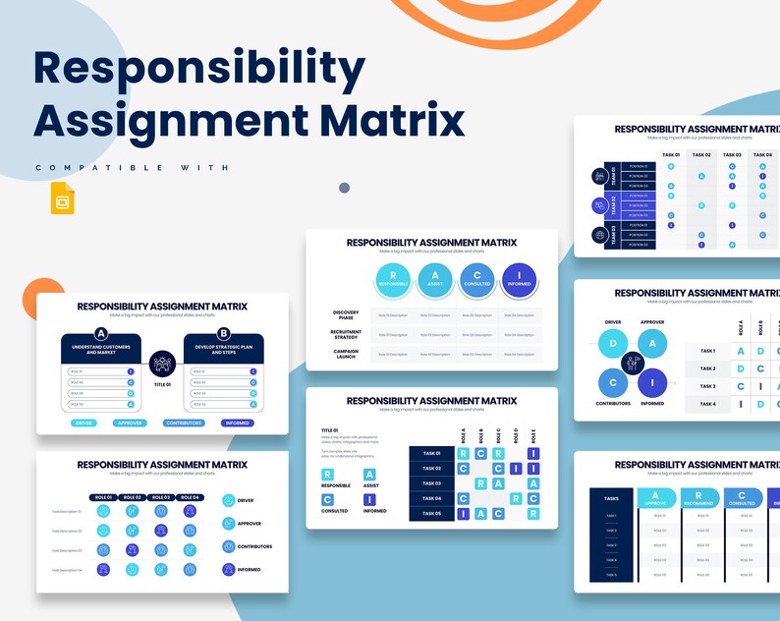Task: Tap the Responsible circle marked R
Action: pyautogui.click(x=393, y=280)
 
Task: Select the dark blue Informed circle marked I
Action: pyautogui.click(x=519, y=280)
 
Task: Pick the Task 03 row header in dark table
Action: pyautogui.click(x=431, y=482)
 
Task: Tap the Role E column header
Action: pyautogui.click(x=532, y=435)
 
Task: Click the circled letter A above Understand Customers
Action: pyautogui.click(x=100, y=333)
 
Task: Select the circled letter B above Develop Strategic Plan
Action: pyautogui.click(x=224, y=333)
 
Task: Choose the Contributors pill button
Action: pyautogui.click(x=185, y=423)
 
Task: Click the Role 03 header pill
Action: pyautogui.click(x=160, y=498)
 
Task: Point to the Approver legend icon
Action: pyautogui.click(x=229, y=523)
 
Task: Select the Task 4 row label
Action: pyautogui.click(x=707, y=404)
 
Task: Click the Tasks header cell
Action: pyautogui.click(x=612, y=498)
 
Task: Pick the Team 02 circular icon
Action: pyautogui.click(x=599, y=205)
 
